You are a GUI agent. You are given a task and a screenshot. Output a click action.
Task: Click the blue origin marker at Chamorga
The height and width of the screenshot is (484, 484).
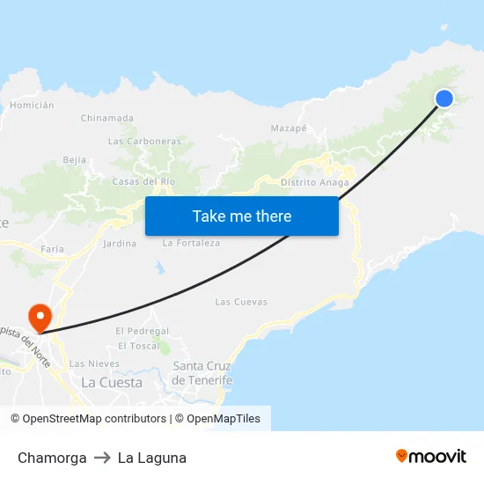444,99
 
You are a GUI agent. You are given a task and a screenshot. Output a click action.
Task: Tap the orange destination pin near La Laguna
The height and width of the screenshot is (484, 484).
40,315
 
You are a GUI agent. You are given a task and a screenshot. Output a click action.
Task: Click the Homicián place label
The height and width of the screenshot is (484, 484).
32,105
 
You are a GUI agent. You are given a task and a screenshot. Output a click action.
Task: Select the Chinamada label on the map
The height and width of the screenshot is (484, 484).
107,118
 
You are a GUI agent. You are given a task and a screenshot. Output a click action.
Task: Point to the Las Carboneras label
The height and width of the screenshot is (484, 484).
144,141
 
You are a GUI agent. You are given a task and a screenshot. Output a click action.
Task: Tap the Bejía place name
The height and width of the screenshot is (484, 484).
75,160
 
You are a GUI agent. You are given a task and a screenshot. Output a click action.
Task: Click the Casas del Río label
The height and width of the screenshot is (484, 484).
144,181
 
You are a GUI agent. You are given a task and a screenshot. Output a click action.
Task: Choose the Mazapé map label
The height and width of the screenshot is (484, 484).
289,128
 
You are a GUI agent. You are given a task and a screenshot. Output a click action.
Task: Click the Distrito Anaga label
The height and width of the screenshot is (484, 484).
315,183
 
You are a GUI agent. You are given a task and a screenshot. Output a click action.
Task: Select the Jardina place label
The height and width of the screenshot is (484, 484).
120,244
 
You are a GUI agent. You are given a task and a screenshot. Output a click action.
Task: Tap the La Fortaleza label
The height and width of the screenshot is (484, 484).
192,244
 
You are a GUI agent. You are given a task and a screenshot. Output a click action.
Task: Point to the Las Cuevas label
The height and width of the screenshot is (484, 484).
241,302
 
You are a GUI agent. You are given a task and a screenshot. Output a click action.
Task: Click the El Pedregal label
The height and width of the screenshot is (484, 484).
142,331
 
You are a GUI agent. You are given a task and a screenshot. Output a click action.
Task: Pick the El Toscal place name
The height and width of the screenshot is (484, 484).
139,346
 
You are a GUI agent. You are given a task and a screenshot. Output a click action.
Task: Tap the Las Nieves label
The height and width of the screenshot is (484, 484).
94,363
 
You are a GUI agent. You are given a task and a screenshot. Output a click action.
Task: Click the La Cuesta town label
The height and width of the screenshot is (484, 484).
112,383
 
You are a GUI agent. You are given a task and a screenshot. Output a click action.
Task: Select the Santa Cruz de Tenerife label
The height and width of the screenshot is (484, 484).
202,373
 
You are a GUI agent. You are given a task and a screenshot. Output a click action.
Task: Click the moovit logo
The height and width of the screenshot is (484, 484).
431,457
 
